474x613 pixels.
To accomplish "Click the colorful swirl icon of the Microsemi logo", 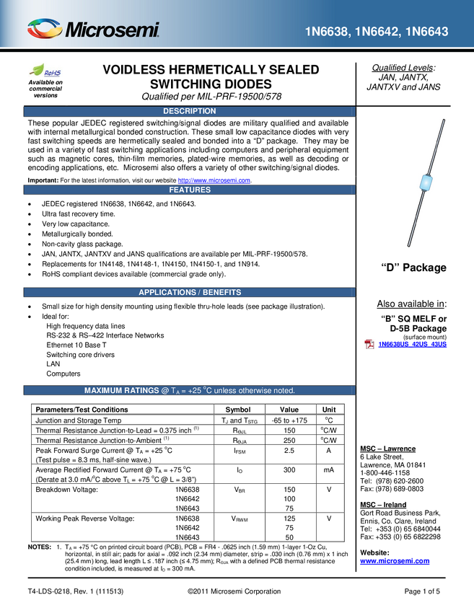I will pyautogui.click(x=45, y=29).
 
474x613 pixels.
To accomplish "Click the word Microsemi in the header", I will pyautogui.click(x=112, y=30).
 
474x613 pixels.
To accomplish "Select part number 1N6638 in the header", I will pyautogui.click(x=328, y=32).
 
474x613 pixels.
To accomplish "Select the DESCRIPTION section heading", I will pyautogui.click(x=189, y=111).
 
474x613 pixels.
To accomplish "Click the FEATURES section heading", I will pyautogui.click(x=190, y=190).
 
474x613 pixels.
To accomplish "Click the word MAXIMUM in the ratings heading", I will pyautogui.click(x=107, y=390).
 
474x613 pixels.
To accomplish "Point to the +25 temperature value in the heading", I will pyautogui.click(x=206, y=390).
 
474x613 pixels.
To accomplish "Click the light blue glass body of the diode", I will pyautogui.click(x=426, y=184).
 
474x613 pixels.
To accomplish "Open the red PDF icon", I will pyautogui.click(x=369, y=344).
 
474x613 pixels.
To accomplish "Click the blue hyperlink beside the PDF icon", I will pyautogui.click(x=413, y=344).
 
